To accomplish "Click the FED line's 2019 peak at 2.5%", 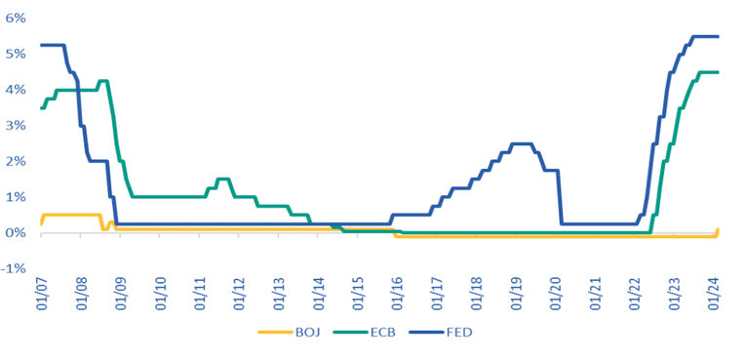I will tap(523, 143).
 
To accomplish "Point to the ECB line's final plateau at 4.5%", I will tap(707, 72).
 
